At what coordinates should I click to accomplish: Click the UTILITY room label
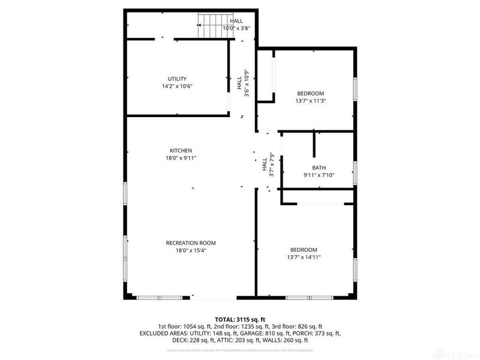tap(177, 79)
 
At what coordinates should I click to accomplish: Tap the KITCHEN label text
tap(180, 150)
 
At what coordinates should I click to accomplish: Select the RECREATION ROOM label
tap(190, 243)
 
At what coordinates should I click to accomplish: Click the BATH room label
tap(319, 168)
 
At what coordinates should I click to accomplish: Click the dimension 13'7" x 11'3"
tap(310, 101)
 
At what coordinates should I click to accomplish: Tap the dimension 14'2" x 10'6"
tap(177, 86)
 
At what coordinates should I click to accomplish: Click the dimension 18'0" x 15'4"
tap(190, 250)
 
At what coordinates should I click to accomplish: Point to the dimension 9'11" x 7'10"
tap(319, 175)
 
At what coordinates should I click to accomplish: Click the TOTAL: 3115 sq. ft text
tap(239, 319)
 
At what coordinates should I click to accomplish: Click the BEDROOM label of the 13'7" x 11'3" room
tap(310, 94)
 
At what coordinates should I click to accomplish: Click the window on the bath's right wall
tap(355, 172)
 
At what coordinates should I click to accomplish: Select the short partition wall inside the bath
tap(314, 144)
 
